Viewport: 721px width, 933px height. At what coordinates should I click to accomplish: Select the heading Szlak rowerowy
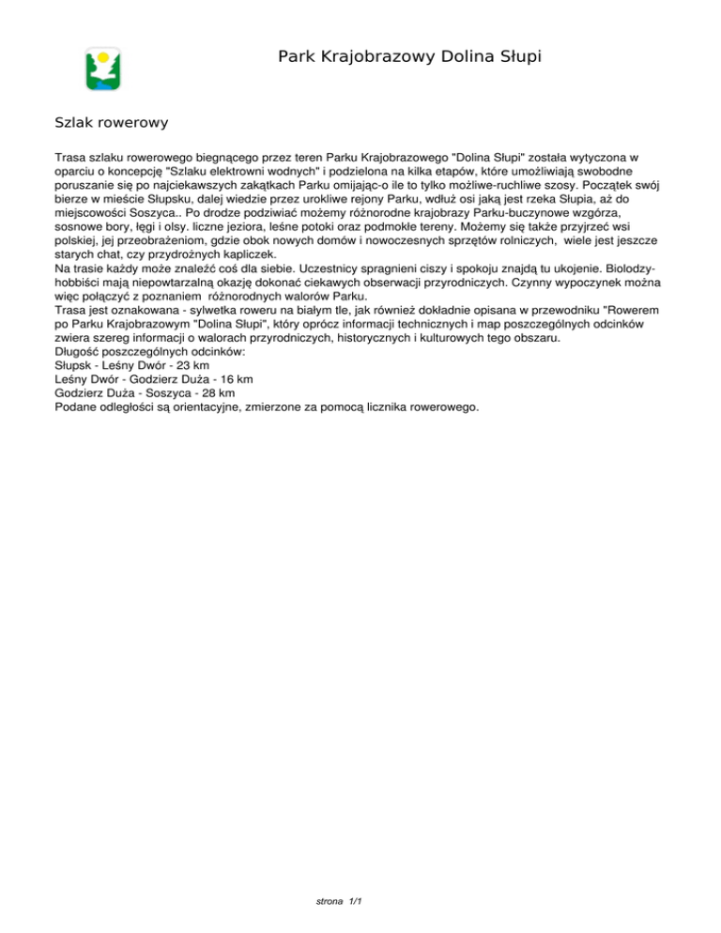112,123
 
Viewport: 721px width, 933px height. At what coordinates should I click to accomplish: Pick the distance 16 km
234,380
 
